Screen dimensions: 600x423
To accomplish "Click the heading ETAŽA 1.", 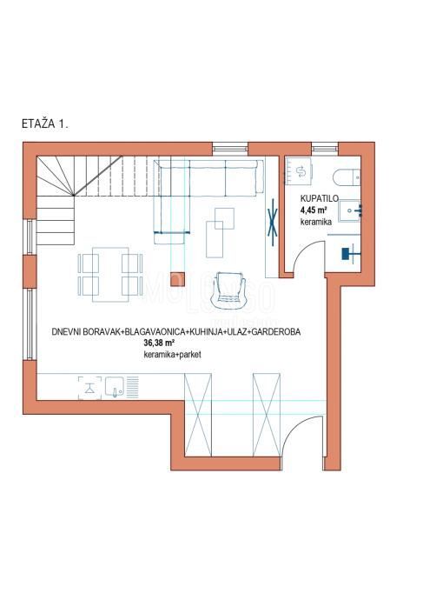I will click(x=44, y=124).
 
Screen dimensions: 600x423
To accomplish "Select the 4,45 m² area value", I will click(x=314, y=210).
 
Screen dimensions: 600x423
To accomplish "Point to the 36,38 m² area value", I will click(x=160, y=343).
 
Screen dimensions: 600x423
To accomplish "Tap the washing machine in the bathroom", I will click(x=301, y=171).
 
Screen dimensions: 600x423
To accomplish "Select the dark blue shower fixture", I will click(x=349, y=252).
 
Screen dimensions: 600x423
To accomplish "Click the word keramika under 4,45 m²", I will click(x=314, y=223).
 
